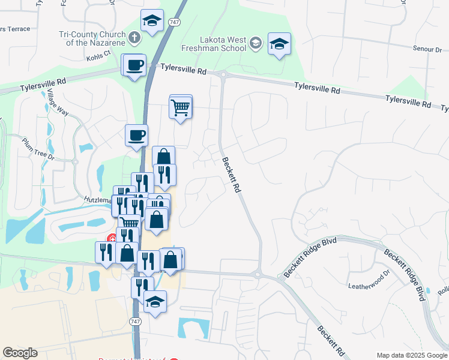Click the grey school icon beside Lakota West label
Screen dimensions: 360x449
256,42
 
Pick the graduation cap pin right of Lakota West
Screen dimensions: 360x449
279,44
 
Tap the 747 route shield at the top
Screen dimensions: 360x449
173,22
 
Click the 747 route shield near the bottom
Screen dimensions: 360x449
136,322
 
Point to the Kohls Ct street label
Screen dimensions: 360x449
99,53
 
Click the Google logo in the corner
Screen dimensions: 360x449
20,352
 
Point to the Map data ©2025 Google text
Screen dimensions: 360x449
412,355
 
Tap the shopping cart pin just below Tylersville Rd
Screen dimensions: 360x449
181,108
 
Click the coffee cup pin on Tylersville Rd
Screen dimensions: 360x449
134,65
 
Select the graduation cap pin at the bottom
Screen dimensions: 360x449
155,302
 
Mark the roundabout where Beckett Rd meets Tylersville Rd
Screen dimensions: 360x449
223,75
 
